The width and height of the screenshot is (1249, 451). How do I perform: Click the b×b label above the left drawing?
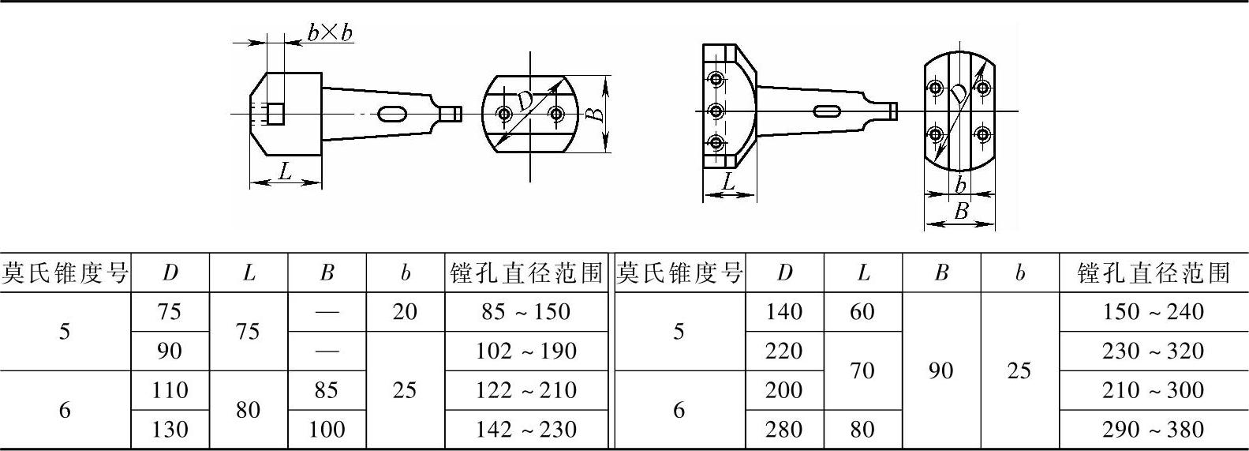330,32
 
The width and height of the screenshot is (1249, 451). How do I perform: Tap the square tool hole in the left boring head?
275,114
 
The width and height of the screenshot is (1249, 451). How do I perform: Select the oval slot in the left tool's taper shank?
393,115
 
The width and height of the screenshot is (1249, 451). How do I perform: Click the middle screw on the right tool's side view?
716,111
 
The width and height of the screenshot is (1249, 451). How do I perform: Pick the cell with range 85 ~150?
526,312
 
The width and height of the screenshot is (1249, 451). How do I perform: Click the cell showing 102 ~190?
526,351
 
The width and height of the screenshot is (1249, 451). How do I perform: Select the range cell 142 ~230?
526,430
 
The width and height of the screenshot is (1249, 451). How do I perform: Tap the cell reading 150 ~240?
1153,312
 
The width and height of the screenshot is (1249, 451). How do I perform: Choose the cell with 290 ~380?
1153,430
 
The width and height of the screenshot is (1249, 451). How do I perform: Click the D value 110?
170,390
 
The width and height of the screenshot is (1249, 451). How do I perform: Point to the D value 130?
170,430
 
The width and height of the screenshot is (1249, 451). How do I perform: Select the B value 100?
327,430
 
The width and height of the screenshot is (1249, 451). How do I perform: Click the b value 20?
405,312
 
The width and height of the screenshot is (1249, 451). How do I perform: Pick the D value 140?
783,312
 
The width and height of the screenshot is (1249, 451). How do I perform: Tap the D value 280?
783,430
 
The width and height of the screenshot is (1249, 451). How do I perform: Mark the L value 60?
862,312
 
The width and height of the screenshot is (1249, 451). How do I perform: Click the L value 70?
862,370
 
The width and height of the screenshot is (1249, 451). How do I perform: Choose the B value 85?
327,390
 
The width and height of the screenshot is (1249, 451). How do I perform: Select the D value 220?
783,351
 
